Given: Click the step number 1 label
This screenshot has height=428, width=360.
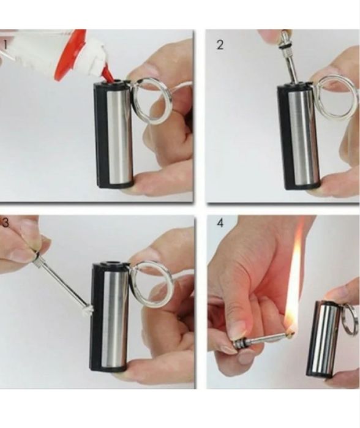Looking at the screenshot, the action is click(x=5, y=45).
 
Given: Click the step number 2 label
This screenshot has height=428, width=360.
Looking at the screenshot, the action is click(x=220, y=45).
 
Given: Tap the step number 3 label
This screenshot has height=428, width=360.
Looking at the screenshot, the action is click(x=5, y=222).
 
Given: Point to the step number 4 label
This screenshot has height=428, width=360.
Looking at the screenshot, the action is click(x=220, y=223).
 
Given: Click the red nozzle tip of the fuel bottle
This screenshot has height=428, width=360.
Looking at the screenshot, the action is click(x=108, y=77).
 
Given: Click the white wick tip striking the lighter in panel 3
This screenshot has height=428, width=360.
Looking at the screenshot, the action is click(x=89, y=310).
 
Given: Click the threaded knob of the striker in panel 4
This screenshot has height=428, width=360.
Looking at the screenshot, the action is click(x=239, y=342).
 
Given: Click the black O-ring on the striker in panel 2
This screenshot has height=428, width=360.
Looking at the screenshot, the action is click(x=284, y=48).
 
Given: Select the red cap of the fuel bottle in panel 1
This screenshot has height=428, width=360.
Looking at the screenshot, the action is click(x=70, y=54).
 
